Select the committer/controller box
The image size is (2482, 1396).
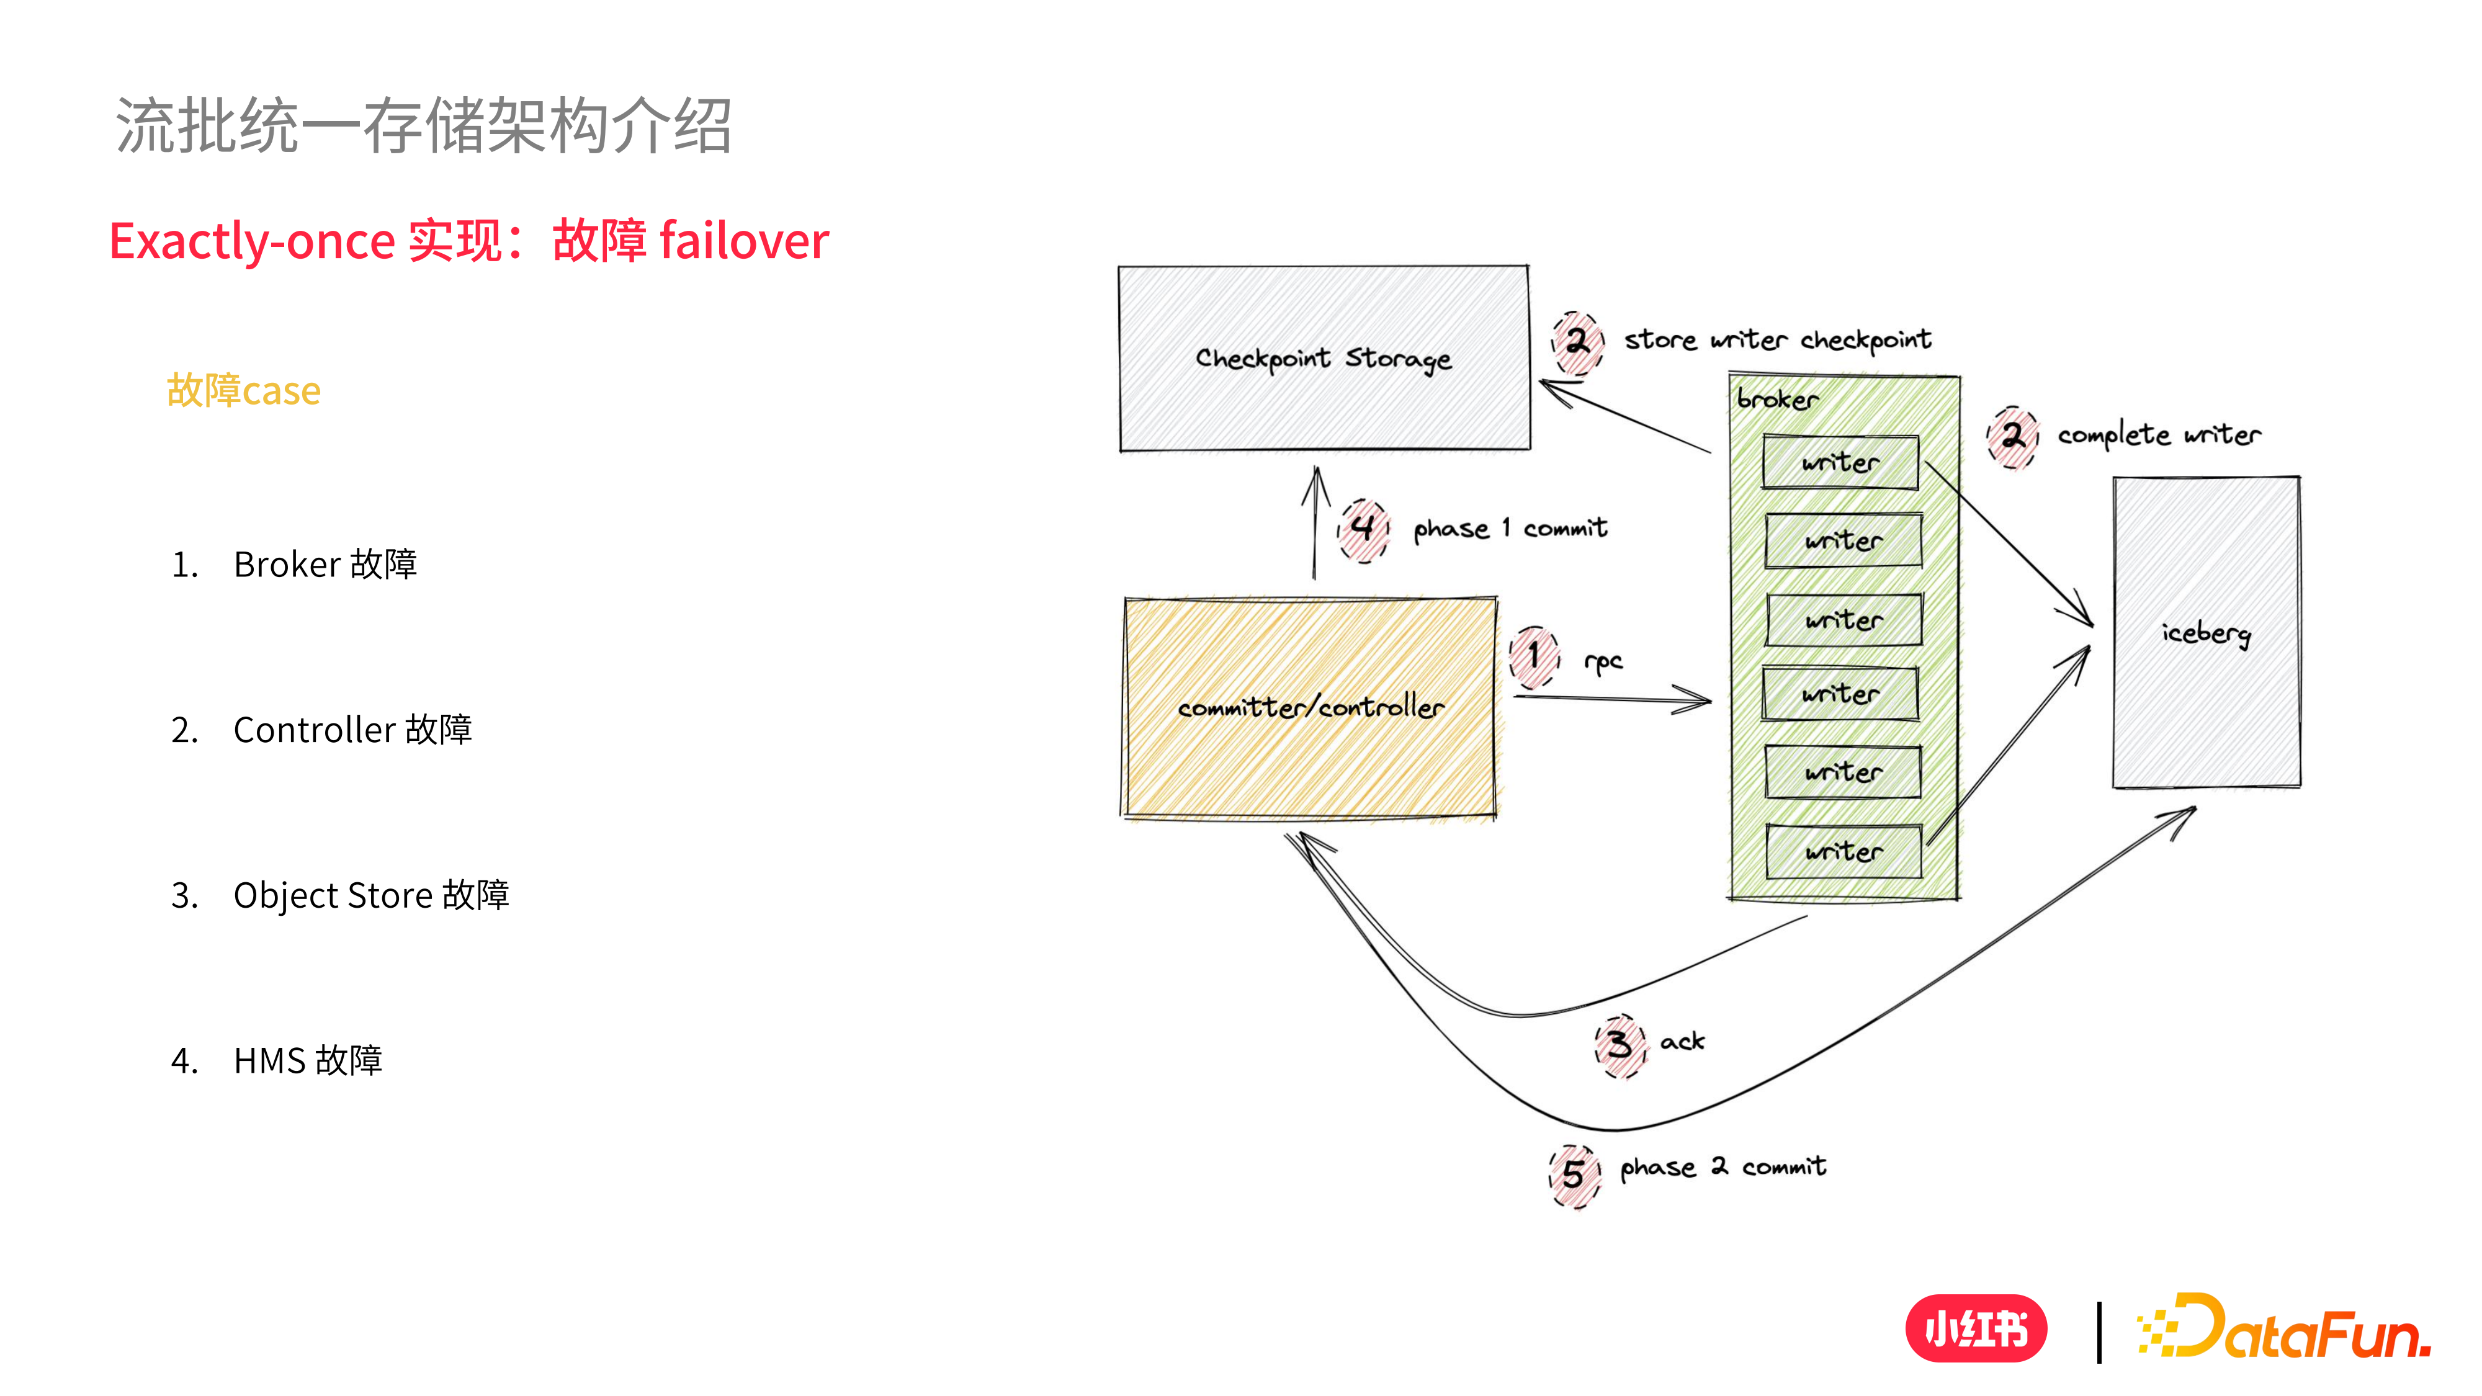click(x=1310, y=708)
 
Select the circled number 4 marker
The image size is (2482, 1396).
click(x=1363, y=529)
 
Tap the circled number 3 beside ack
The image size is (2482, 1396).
click(x=1620, y=1044)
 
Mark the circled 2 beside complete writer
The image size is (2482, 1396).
click(x=2013, y=436)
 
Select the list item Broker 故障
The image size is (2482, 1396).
click(x=325, y=565)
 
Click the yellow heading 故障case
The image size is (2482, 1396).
click(x=244, y=391)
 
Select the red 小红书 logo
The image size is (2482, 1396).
click(x=1976, y=1328)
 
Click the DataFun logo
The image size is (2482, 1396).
click(x=2283, y=1328)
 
